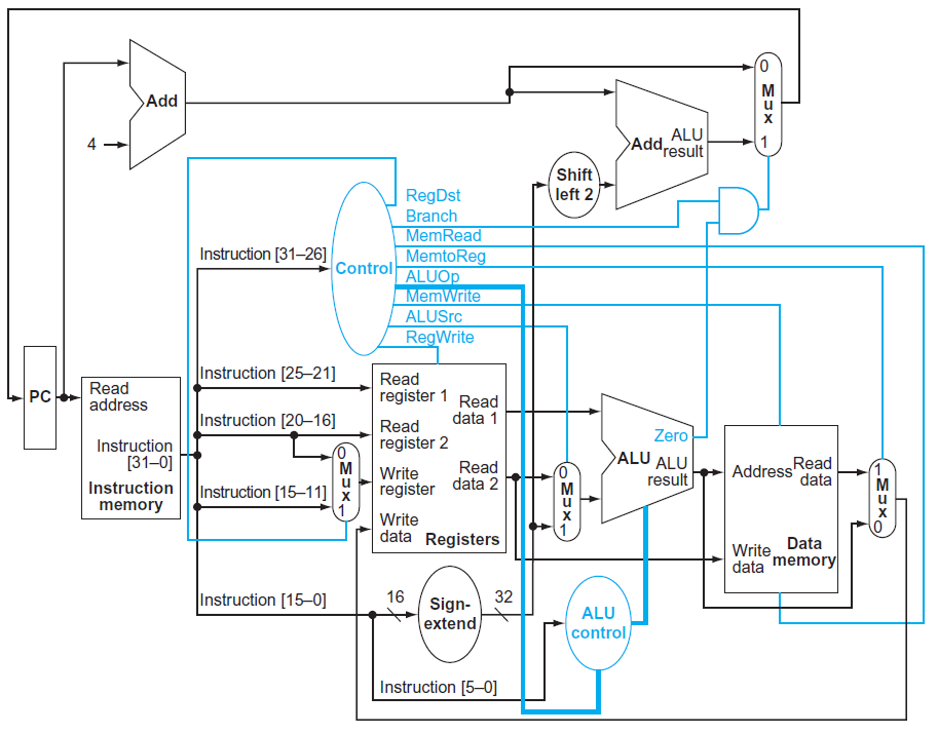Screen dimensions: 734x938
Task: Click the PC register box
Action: click(40, 397)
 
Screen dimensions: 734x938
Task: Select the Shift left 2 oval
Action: click(574, 185)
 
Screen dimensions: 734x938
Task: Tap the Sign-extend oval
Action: click(449, 614)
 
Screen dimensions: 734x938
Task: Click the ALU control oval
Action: click(598, 623)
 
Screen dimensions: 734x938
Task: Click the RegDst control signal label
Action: click(432, 196)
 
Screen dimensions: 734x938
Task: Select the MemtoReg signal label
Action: click(445, 256)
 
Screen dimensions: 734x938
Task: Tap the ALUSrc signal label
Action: click(433, 316)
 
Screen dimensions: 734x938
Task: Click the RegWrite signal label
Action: click(439, 337)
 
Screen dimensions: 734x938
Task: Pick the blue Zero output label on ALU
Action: click(670, 435)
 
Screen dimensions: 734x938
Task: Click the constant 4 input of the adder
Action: click(92, 144)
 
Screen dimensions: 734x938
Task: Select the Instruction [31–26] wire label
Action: click(263, 254)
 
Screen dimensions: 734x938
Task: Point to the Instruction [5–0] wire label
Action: click(438, 687)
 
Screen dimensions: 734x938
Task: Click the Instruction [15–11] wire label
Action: click(263, 492)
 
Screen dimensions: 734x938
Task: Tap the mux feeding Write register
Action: click(346, 482)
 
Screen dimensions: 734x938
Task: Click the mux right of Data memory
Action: click(882, 498)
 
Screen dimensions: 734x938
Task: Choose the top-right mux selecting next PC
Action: click(767, 104)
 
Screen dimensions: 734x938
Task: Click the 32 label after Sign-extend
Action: click(503, 597)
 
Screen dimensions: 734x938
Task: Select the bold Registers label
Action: click(462, 539)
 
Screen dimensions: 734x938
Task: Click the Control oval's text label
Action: click(364, 268)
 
